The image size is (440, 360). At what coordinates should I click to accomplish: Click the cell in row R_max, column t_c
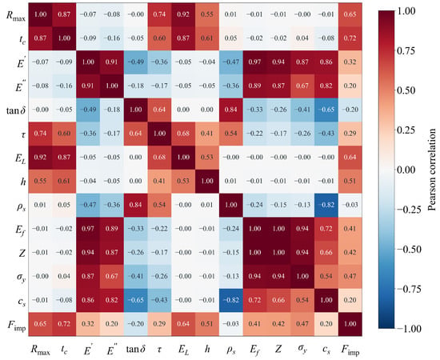[64, 14]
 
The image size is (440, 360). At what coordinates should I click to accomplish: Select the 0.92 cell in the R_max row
[183, 14]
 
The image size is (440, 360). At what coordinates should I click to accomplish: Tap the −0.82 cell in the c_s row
[230, 300]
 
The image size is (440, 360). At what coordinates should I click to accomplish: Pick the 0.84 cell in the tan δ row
[230, 110]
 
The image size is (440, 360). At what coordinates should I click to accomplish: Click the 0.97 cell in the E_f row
[88, 229]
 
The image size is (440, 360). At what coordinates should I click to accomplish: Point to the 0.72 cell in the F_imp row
[64, 324]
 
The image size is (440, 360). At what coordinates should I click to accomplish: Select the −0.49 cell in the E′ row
[135, 62]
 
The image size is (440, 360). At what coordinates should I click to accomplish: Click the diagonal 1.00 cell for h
[207, 182]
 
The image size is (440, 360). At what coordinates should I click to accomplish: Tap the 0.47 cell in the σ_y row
[350, 276]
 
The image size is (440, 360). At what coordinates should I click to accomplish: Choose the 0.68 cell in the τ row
[183, 134]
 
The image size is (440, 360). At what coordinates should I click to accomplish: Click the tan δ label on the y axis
[16, 110]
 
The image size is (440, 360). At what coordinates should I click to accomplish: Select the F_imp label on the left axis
[17, 326]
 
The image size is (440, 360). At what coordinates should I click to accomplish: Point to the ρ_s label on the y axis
[21, 206]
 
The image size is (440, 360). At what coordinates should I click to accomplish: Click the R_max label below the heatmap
[41, 350]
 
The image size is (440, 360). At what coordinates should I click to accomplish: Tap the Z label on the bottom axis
[278, 349]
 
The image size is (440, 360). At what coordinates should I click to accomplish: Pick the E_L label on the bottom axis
[183, 350]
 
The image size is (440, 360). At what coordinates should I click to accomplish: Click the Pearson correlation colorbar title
[432, 170]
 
